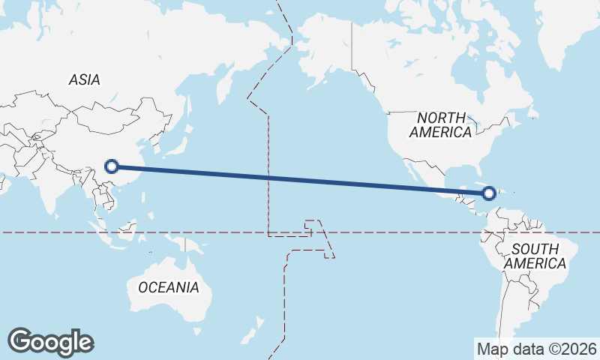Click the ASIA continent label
point(84,79)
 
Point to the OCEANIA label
point(169,287)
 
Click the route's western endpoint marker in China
point(112,166)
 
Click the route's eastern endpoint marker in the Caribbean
point(489,193)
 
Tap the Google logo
point(50,342)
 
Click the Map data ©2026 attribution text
point(537,349)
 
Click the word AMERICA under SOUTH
point(535,264)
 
